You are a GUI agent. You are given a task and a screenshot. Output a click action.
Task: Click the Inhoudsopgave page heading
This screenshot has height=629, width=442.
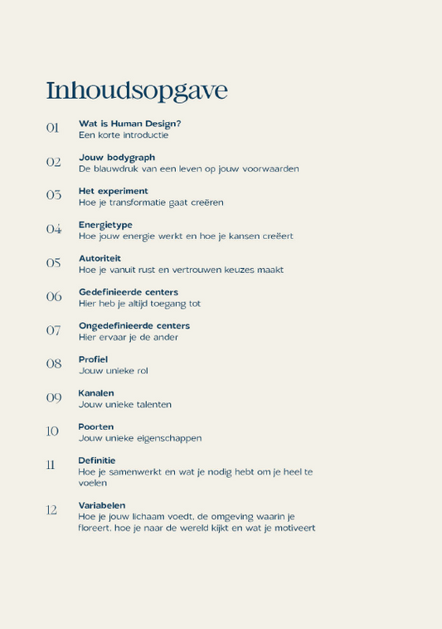tap(136, 90)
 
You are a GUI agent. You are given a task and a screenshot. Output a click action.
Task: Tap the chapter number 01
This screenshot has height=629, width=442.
tap(53, 128)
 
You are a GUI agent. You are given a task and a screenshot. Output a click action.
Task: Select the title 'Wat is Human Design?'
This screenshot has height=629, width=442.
tap(129, 124)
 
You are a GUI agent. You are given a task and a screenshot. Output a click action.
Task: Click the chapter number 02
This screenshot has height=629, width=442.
tap(53, 162)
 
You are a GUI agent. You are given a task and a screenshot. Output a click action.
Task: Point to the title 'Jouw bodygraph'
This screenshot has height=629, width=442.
tap(117, 157)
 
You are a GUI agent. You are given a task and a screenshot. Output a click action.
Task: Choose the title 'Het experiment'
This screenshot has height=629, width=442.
tap(114, 191)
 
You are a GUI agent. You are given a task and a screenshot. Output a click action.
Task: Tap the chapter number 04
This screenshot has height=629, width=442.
tap(53, 229)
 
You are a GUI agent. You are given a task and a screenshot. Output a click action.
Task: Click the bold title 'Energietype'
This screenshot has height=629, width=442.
tap(105, 225)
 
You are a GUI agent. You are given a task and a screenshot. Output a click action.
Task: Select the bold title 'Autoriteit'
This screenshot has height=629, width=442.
tap(100, 258)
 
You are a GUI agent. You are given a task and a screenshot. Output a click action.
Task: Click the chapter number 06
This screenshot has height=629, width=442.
tap(53, 296)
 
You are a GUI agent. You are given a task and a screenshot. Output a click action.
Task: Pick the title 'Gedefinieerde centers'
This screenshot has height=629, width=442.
tap(129, 292)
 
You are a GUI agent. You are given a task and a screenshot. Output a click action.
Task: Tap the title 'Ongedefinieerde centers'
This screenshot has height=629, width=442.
tap(134, 325)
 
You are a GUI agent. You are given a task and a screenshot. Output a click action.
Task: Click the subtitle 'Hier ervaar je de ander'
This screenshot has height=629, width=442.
tap(129, 337)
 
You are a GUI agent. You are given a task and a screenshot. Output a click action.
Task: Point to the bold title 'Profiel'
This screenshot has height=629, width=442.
tap(93, 359)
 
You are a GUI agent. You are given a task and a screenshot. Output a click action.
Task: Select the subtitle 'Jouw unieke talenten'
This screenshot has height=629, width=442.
tap(125, 404)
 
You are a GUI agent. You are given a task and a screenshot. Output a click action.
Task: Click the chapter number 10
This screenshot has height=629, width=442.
tap(52, 431)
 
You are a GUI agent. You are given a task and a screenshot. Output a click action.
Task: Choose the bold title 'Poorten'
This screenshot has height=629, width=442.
tap(96, 427)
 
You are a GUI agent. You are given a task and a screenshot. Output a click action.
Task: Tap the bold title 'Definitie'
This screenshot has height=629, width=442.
tap(97, 460)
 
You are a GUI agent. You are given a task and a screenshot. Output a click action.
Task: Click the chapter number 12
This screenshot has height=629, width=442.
tap(51, 510)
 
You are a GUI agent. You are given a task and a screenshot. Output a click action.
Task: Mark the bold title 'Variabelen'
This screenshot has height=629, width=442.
tap(102, 505)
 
